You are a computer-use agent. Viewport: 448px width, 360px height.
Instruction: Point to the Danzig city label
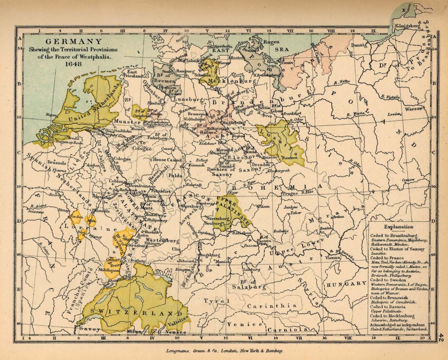[359, 46]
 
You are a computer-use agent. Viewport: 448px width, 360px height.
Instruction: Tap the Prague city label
[290, 193]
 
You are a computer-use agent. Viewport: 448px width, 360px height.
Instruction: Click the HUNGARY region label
[347, 283]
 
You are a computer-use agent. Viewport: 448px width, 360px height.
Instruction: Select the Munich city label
[223, 262]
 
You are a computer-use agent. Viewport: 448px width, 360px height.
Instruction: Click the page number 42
[442, 337]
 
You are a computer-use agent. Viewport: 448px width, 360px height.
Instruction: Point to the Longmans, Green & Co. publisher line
[224, 350]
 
